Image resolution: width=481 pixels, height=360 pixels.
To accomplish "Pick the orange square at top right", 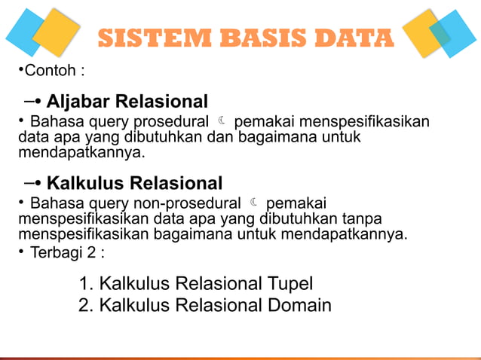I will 424,32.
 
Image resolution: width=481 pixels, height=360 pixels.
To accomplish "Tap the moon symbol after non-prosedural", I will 255,203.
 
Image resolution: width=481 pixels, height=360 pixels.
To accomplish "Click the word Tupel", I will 290,284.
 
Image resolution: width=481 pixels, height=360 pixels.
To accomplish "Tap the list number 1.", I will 85,284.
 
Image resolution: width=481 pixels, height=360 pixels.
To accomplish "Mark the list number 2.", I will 85,306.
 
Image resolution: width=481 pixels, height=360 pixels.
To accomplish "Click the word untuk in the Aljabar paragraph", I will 342,137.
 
